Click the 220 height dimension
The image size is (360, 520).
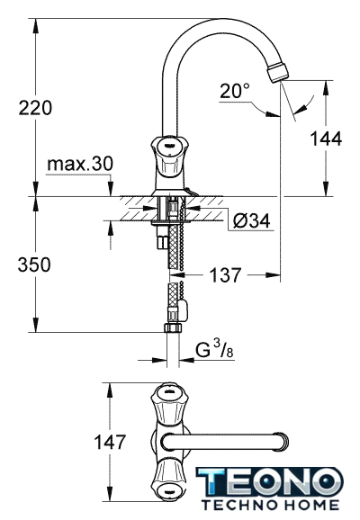pyautogui.click(x=35, y=108)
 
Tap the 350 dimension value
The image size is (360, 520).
pyautogui.click(x=34, y=264)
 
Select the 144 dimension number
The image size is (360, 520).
pyautogui.click(x=326, y=139)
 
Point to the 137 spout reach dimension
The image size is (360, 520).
pyautogui.click(x=225, y=275)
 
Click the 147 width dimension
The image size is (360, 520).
pyautogui.click(x=110, y=442)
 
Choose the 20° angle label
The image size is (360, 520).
pyautogui.click(x=234, y=91)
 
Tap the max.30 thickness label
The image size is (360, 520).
pyautogui.click(x=80, y=164)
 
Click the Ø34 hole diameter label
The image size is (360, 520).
pyautogui.click(x=251, y=220)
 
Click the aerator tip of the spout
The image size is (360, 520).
pyautogui.click(x=279, y=71)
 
